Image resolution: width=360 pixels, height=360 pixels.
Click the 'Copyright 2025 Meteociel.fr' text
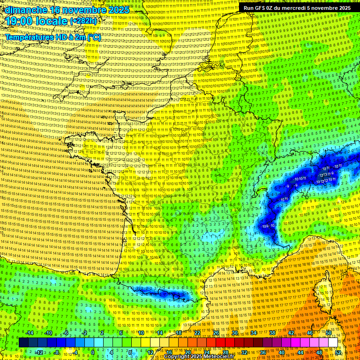coord(198,357)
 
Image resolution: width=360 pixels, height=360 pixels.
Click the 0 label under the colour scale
coord(92,352)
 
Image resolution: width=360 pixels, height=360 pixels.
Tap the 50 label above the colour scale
coord(329,333)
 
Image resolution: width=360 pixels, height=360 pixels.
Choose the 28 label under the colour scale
coord(225,352)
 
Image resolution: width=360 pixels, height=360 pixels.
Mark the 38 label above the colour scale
coord(272,333)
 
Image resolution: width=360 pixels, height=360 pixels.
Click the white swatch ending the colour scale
coord(333,343)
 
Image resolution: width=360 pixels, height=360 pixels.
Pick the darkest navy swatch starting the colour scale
coord(24,343)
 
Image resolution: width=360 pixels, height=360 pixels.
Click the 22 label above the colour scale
coord(197,333)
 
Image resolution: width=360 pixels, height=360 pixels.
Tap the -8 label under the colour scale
coord(57,352)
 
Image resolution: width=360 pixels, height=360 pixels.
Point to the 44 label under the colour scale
coord(300,352)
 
